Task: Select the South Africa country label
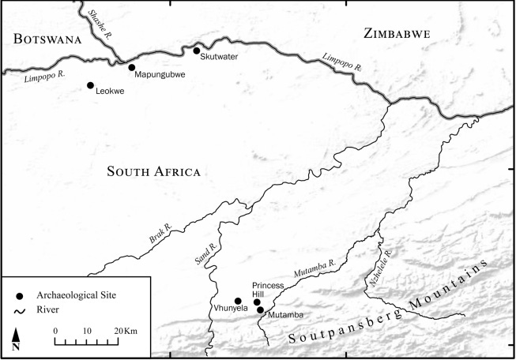154,172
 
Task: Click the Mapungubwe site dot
132,68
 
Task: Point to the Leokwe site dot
90,85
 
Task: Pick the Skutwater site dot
197,51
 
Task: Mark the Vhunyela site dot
238,301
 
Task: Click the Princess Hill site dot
257,302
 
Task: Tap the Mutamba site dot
260,309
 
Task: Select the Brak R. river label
159,232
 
